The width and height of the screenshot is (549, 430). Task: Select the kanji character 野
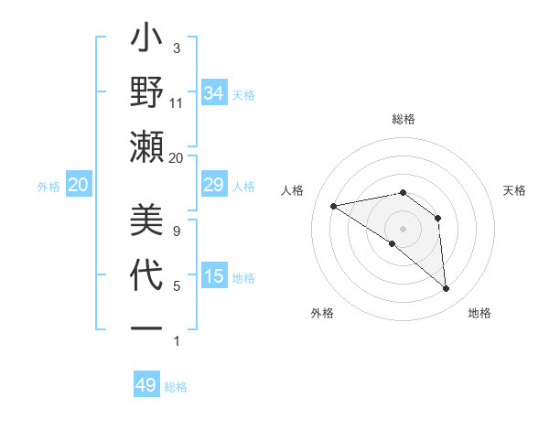pyautogui.click(x=146, y=94)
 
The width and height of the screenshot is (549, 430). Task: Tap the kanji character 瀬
pyautogui.click(x=146, y=147)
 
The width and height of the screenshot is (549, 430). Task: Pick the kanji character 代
pyautogui.click(x=146, y=274)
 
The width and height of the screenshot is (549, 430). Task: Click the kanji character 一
pyautogui.click(x=146, y=327)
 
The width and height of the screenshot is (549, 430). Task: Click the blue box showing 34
pyautogui.click(x=214, y=93)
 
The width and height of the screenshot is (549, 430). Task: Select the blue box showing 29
pyautogui.click(x=214, y=186)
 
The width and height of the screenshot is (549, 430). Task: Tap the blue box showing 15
pyautogui.click(x=214, y=276)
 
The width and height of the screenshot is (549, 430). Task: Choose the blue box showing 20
pyautogui.click(x=78, y=186)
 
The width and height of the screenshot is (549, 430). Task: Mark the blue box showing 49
pyautogui.click(x=146, y=385)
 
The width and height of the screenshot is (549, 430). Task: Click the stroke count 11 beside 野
pyautogui.click(x=177, y=103)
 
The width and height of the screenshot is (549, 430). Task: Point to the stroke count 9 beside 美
pyautogui.click(x=177, y=231)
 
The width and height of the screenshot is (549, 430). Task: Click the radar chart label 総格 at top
pyautogui.click(x=403, y=119)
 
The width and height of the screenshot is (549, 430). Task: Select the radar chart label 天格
pyautogui.click(x=515, y=190)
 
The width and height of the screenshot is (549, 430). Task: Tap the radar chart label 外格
pyautogui.click(x=322, y=314)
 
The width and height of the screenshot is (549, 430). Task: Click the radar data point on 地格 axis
pyautogui.click(x=447, y=289)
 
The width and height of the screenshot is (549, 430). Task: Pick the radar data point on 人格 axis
pyautogui.click(x=334, y=206)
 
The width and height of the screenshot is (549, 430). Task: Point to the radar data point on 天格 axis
pyautogui.click(x=438, y=218)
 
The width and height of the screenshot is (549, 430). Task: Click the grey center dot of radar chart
pyautogui.click(x=403, y=228)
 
